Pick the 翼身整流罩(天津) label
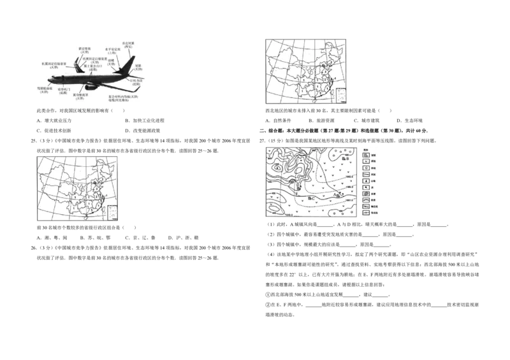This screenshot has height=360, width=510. click(x=80, y=95)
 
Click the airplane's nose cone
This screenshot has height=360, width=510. click(x=48, y=80)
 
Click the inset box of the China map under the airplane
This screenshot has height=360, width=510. click(x=112, y=213)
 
